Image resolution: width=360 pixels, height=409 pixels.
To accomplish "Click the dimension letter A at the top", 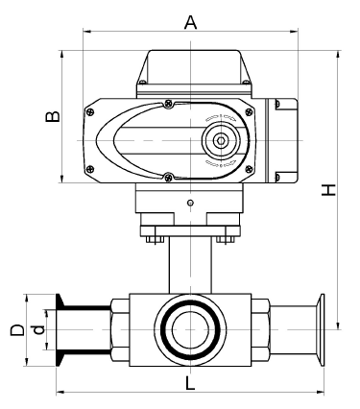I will [x=190, y=22].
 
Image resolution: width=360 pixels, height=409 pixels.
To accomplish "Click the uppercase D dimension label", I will [x=16, y=330].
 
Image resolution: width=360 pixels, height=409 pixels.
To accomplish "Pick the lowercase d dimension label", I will [x=38, y=330].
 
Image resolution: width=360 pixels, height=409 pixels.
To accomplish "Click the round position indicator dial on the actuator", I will [x=221, y=140].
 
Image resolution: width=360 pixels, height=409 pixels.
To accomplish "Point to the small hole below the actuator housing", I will [x=190, y=202].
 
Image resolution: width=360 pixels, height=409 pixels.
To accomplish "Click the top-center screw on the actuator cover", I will [x=170, y=104].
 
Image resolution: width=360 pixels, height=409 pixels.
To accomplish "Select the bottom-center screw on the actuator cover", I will [x=170, y=176].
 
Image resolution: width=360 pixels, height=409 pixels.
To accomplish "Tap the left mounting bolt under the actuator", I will [x=152, y=233].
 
